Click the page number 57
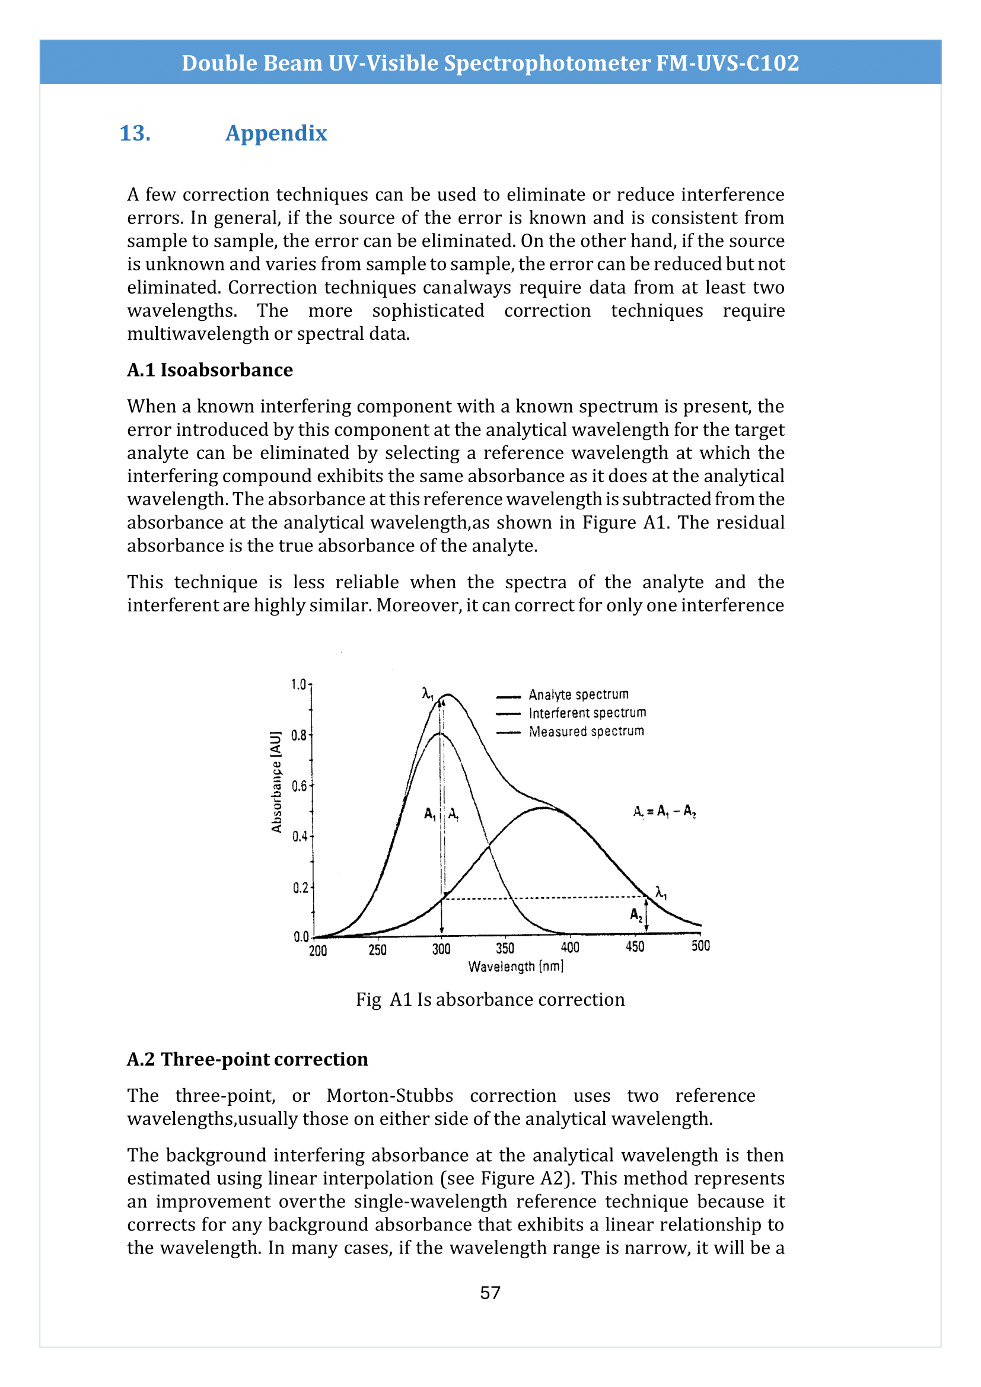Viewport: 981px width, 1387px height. (490, 1292)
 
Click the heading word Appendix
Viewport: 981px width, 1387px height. (276, 133)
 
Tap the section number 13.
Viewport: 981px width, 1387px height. (135, 133)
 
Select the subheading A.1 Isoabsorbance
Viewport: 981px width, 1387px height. (209, 369)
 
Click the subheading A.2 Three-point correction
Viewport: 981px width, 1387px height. (247, 1059)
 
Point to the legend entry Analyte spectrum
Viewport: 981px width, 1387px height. (578, 695)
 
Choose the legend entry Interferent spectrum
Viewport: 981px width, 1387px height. (587, 713)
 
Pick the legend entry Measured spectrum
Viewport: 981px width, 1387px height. (586, 732)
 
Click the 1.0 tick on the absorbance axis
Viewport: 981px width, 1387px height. (298, 684)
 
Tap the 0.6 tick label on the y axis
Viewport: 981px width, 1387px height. (299, 786)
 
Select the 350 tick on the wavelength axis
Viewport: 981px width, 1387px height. (505, 948)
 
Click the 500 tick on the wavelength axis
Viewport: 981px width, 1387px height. (700, 946)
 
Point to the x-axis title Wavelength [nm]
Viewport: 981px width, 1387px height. (515, 967)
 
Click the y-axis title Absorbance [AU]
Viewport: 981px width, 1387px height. (276, 782)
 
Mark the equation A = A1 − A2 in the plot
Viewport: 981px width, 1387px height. (664, 812)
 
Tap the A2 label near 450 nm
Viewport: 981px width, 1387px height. (636, 914)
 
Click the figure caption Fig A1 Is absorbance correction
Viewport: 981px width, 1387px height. (490, 999)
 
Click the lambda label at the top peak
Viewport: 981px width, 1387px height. (428, 694)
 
